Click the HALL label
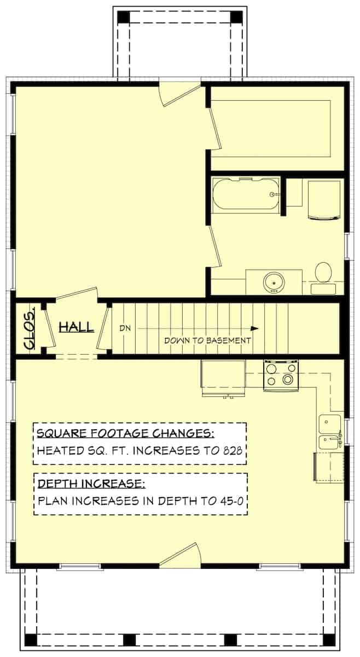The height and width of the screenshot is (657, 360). pos(76,327)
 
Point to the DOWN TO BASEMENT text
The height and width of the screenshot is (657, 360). pos(208,340)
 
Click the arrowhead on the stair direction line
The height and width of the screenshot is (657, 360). pos(254,328)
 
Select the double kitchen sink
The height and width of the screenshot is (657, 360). pos(330,431)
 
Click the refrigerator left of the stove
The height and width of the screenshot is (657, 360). pos(223,377)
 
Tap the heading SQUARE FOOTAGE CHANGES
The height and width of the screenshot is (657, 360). pos(125,435)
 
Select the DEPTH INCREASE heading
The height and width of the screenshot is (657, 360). pos(90,483)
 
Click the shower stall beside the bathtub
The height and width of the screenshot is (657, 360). pos(326,200)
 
